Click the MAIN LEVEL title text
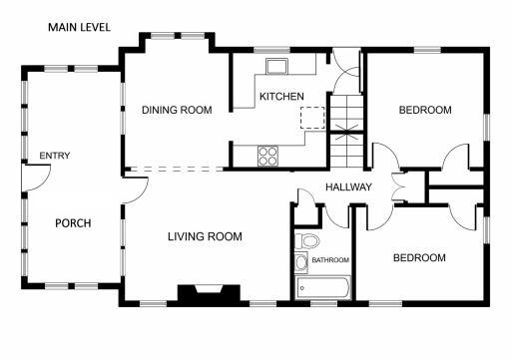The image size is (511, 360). coord(80,27)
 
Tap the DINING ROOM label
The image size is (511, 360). coord(176,110)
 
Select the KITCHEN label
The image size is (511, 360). coord(281,97)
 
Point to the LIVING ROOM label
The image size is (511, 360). coord(204,236)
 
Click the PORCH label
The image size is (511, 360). coord(73,222)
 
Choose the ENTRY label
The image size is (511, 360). coord(54,157)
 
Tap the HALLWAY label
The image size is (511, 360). coord(348,187)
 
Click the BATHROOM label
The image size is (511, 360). coord(330,260)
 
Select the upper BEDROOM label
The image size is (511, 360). coord(424,110)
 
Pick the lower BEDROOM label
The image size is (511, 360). coord(418,257)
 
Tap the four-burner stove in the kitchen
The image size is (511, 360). coord(268,155)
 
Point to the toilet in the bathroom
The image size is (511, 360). coord(307,241)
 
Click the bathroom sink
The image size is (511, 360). coord(301,263)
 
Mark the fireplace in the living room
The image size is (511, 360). coord(208,293)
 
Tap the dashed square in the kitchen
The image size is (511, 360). coord(312,119)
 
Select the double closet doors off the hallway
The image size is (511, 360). coord(401,187)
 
